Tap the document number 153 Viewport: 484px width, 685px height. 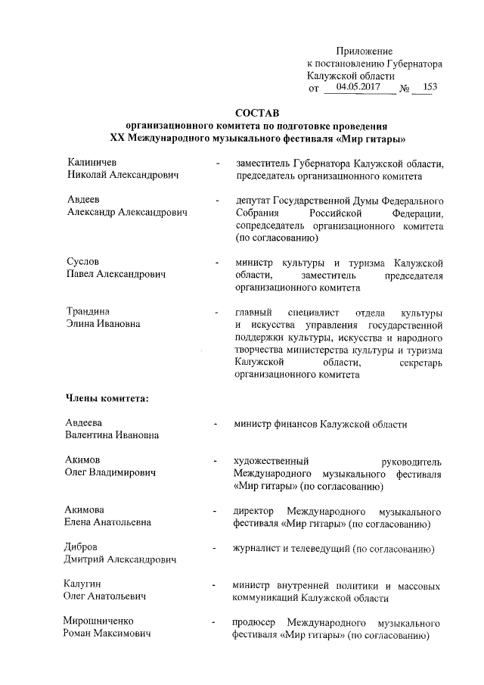tap(430, 88)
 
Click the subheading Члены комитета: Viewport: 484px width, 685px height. tap(104, 399)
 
